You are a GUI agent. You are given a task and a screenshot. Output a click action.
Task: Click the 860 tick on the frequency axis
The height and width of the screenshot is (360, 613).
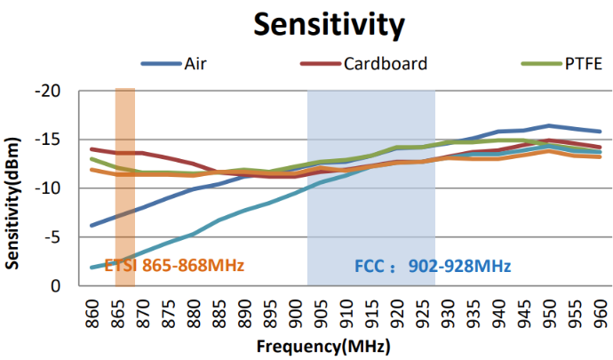[92, 313]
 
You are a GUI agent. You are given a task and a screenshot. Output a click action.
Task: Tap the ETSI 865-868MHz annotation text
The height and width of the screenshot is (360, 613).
[174, 265]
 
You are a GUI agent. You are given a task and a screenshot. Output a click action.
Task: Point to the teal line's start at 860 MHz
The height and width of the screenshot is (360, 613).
[92, 267]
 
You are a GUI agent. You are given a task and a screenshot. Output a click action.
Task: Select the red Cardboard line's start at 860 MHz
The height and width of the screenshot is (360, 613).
[92, 149]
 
